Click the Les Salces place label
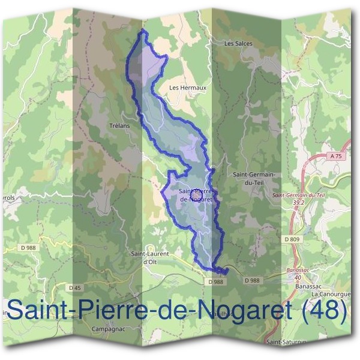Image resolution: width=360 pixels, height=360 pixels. tap(238, 44)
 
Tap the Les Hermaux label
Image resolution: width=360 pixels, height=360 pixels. tap(188, 88)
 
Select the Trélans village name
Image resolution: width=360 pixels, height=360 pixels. tap(120, 126)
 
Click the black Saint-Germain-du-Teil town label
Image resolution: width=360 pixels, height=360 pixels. tap(253, 178)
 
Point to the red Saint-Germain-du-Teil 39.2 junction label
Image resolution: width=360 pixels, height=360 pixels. tap(298, 199)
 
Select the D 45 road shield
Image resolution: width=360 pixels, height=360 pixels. tap(75, 288)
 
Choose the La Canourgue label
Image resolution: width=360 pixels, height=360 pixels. tap(329, 295)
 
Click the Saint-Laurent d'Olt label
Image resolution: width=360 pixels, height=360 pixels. tap(150, 257)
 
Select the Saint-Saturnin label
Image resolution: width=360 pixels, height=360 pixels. tap(287, 342)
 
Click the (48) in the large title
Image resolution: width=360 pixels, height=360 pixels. tap(324, 311)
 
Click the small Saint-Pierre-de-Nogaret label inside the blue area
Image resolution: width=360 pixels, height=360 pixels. tap(195, 196)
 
